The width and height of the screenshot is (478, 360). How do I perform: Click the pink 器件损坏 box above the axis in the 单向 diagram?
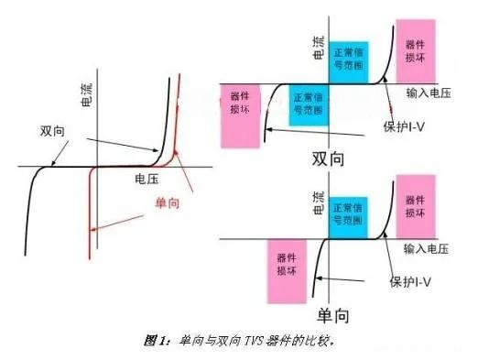point(416,205)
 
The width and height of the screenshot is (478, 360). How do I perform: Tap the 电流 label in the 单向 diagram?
point(320,207)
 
